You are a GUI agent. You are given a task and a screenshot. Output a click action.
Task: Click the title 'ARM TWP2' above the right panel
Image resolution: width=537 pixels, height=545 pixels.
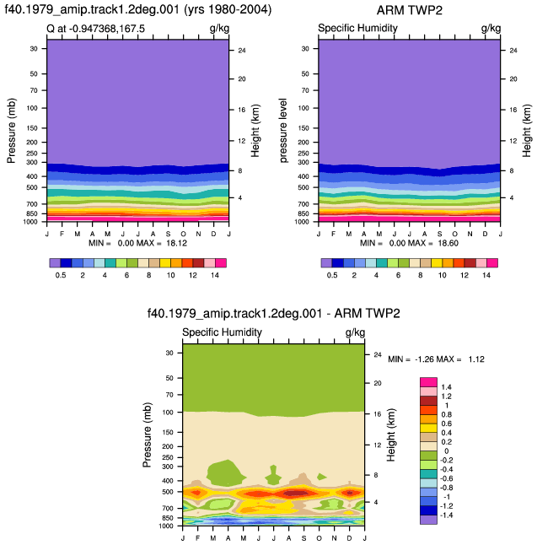click(x=409, y=10)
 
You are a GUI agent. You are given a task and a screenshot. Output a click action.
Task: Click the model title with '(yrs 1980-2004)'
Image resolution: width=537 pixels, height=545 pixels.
click(x=138, y=9)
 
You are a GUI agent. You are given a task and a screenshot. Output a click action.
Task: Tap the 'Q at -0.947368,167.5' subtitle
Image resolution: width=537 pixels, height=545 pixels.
click(x=95, y=29)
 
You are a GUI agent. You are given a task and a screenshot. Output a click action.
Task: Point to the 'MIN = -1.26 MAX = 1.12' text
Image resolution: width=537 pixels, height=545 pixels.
click(x=436, y=359)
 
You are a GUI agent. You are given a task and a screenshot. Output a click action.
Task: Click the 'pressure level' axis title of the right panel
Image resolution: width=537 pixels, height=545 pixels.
click(x=283, y=130)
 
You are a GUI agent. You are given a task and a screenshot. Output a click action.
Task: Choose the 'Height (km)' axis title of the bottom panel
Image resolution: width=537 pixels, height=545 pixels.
click(x=391, y=434)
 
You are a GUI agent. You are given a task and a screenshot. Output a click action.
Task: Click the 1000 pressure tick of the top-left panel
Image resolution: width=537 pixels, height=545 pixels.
click(x=30, y=222)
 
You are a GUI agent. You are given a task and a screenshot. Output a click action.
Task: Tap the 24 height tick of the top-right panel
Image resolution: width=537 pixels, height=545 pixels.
click(x=513, y=51)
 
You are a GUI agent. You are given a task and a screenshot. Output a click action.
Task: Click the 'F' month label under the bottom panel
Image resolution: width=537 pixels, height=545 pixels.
click(x=197, y=538)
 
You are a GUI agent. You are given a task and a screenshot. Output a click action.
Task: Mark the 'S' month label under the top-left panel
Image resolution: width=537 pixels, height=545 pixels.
click(x=168, y=234)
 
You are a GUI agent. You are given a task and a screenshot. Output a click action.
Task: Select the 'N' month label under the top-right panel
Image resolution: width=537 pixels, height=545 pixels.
click(x=470, y=234)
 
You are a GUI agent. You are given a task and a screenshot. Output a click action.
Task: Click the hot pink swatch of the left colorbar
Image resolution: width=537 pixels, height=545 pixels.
click(x=221, y=262)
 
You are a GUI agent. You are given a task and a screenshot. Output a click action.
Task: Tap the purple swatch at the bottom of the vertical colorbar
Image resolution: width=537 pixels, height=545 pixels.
click(x=428, y=520)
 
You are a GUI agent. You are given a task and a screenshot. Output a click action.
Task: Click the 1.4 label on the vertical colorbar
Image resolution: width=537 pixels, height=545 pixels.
click(x=446, y=387)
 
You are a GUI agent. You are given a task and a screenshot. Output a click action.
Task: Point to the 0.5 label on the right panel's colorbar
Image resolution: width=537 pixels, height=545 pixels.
click(x=332, y=275)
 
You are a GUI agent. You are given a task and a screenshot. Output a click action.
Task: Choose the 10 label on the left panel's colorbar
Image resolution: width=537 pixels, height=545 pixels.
click(x=170, y=275)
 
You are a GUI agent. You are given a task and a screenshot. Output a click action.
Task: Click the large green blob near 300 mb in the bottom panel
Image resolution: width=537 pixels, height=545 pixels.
click(x=224, y=473)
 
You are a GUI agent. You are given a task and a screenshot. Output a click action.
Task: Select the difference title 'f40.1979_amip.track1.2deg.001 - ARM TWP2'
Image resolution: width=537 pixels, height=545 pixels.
click(x=274, y=313)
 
